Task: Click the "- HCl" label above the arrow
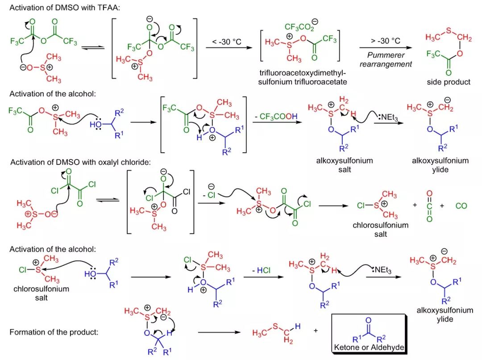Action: pos(261,270)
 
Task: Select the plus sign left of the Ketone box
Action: pos(316,331)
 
